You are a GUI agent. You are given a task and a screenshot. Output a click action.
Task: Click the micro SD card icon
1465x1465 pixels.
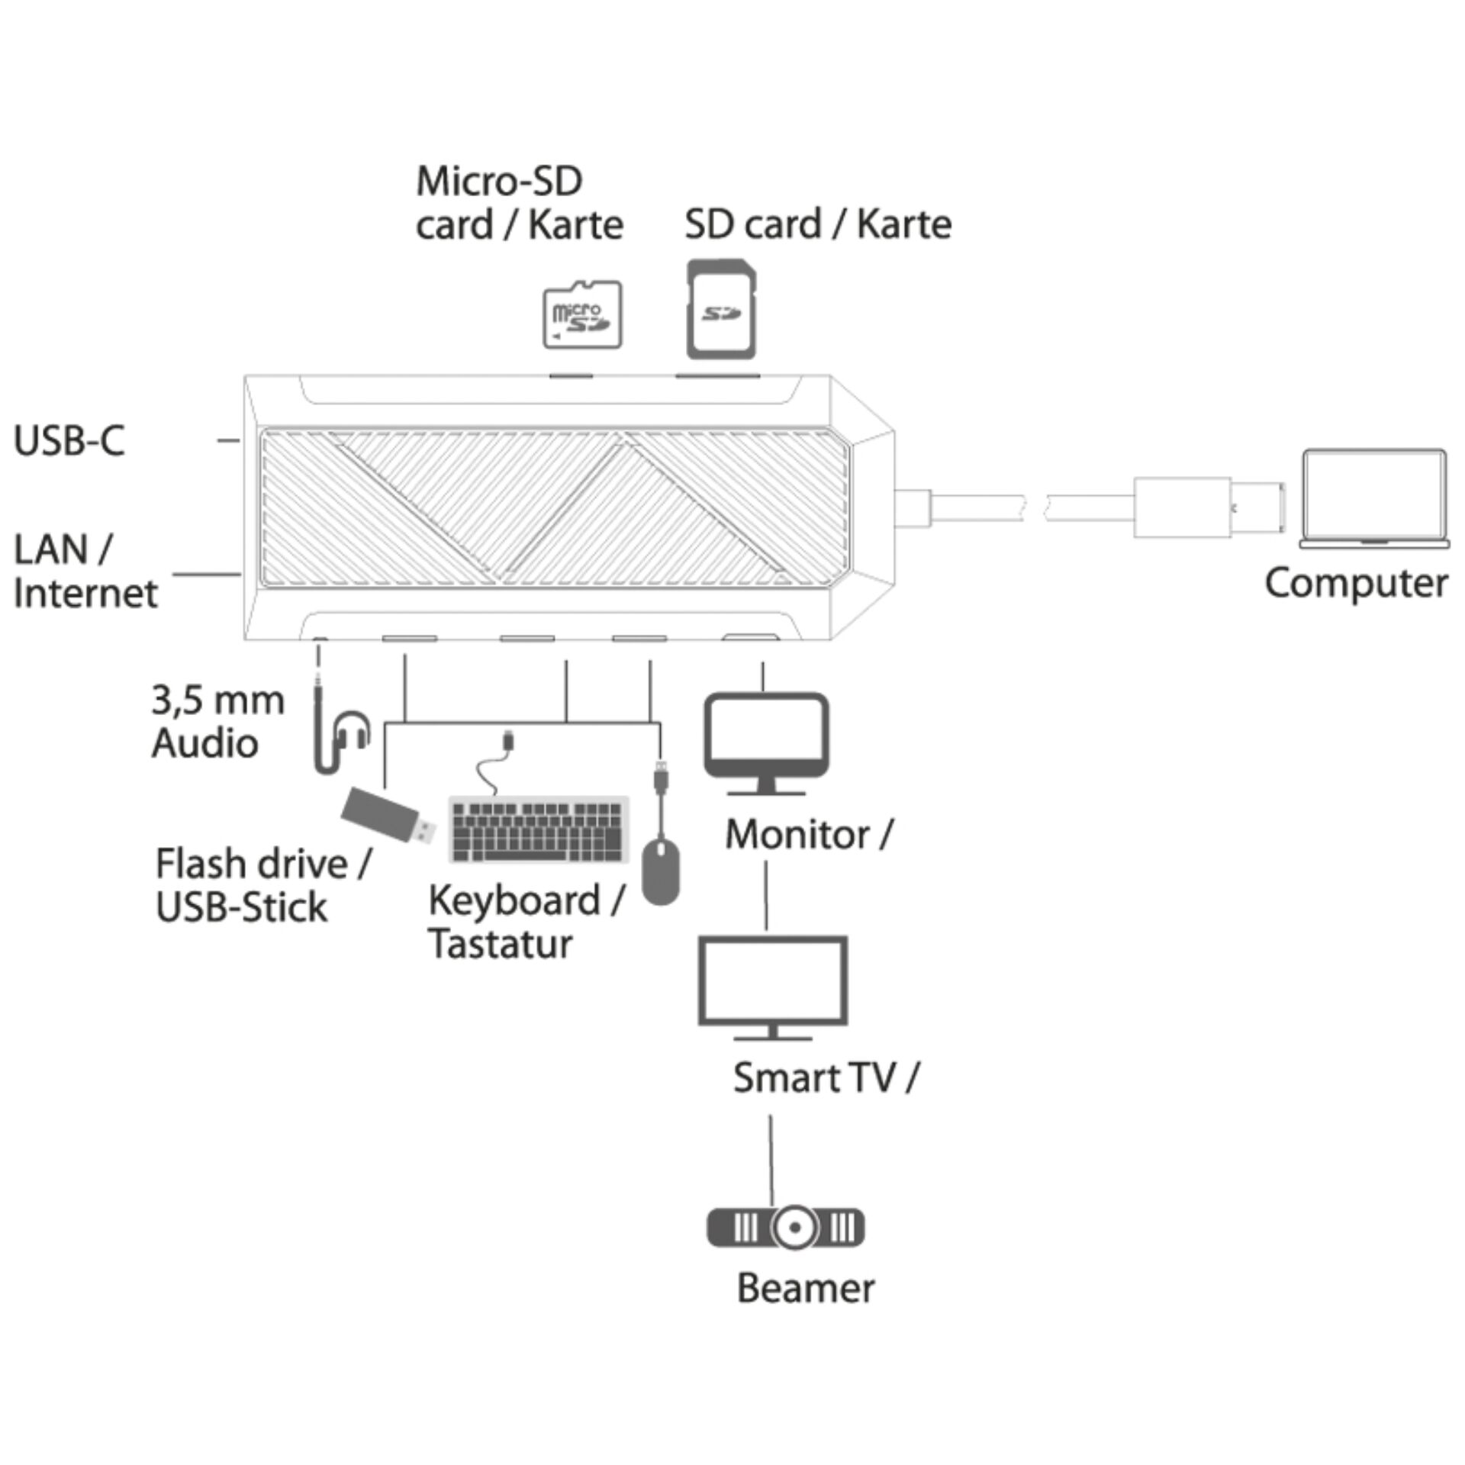[582, 315]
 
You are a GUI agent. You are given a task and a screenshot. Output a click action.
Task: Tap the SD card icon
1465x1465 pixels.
[722, 309]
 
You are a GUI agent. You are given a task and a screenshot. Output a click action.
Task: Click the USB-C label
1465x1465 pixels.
[69, 440]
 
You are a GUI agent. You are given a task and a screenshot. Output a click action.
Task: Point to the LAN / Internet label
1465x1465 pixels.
[85, 571]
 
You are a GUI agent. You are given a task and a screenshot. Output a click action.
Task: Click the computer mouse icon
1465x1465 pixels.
[661, 871]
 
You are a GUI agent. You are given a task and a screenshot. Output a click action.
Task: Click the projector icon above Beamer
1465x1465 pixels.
[786, 1228]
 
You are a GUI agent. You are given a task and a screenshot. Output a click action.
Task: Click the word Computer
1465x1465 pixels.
[1356, 584]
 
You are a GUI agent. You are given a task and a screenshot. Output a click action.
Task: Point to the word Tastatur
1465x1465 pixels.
[500, 944]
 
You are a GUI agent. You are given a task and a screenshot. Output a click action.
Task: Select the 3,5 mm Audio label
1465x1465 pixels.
[217, 722]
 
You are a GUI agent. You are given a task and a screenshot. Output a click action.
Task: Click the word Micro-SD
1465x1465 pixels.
[499, 182]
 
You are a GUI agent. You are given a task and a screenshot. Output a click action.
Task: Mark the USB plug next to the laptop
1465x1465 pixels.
[1206, 507]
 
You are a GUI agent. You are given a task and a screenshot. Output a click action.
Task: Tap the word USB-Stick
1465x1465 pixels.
[241, 907]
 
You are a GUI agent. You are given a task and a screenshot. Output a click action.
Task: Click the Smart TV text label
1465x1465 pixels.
[814, 1078]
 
